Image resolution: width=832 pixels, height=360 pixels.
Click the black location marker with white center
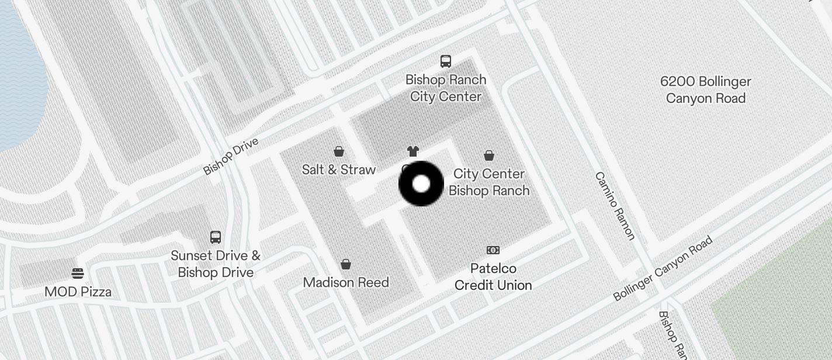click(x=421, y=184)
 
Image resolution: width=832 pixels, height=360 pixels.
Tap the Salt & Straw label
click(x=339, y=169)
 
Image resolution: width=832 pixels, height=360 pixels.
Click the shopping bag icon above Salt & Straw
click(x=339, y=152)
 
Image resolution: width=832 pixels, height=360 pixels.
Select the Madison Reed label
click(x=346, y=282)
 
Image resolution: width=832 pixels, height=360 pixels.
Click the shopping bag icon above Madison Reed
click(x=346, y=264)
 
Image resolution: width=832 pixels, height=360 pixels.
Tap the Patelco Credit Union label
click(x=493, y=276)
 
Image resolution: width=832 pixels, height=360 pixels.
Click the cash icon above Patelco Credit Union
click(x=493, y=250)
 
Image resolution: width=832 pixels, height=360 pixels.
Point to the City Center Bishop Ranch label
click(x=489, y=182)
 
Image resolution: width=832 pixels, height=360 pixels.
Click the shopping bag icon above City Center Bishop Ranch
click(x=489, y=155)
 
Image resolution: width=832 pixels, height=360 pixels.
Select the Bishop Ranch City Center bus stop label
click(x=446, y=88)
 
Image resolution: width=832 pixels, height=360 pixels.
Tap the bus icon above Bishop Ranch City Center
click(x=446, y=61)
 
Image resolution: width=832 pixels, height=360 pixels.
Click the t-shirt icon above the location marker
click(x=413, y=152)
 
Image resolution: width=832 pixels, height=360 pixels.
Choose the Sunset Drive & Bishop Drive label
click(x=216, y=264)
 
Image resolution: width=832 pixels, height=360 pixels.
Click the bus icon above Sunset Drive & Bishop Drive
click(x=216, y=237)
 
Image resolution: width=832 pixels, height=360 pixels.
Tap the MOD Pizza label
click(x=78, y=292)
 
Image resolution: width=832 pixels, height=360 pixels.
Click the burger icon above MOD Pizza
click(x=78, y=274)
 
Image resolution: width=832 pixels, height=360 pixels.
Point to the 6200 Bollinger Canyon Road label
click(x=706, y=89)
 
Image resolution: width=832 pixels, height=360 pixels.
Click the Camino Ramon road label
click(x=615, y=206)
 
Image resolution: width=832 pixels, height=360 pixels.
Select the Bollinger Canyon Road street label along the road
click(x=663, y=268)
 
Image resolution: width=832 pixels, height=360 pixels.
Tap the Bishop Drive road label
click(x=231, y=157)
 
